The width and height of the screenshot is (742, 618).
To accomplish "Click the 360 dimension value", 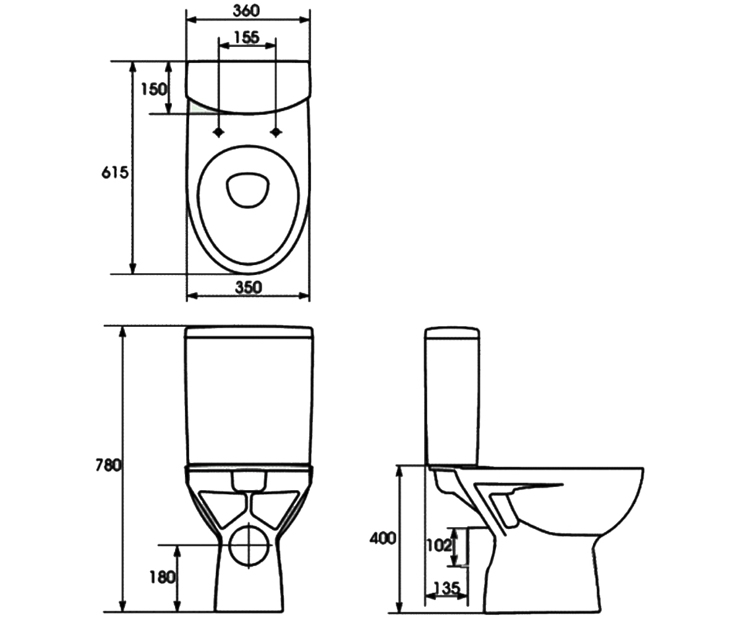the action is (246, 11).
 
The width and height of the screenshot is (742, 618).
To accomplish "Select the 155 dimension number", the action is (247, 37).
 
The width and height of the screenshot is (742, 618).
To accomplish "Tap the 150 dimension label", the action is (153, 89).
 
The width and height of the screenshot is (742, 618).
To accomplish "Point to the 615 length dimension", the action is (115, 172).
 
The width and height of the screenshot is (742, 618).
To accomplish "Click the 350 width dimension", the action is (249, 287).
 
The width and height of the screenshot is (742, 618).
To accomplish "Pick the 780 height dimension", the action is (108, 465).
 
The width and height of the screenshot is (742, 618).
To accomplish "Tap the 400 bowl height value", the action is (383, 539).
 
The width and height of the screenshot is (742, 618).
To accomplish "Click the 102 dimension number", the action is (439, 546).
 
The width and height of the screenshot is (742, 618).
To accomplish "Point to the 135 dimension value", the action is (447, 588).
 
